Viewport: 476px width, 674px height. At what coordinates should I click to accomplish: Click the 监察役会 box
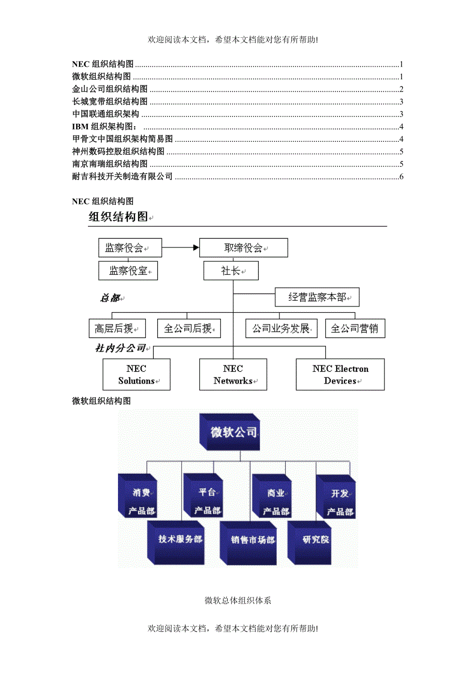[x=130, y=247]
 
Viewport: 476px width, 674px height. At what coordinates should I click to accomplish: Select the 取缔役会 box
[x=243, y=247]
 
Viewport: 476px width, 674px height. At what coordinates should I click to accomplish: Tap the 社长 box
[x=231, y=271]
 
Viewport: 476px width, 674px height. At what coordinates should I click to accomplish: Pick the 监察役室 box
[x=128, y=271]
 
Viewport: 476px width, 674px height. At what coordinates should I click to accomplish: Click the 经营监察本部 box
[x=317, y=297]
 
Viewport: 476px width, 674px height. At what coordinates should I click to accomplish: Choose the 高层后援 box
[x=117, y=328]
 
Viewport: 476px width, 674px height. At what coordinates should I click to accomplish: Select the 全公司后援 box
[x=188, y=328]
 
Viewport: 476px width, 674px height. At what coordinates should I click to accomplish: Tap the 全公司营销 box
[x=355, y=328]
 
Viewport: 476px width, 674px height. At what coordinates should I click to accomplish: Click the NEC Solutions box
[x=137, y=375]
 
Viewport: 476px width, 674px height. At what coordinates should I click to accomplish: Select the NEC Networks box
[x=233, y=375]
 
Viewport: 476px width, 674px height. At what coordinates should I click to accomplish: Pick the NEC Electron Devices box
[x=340, y=375]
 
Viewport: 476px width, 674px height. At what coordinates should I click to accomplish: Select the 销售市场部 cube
[x=249, y=541]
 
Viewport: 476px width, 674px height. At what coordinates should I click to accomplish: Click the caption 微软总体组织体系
[x=238, y=600]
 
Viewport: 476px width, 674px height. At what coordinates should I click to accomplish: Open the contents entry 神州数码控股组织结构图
[x=118, y=152]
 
